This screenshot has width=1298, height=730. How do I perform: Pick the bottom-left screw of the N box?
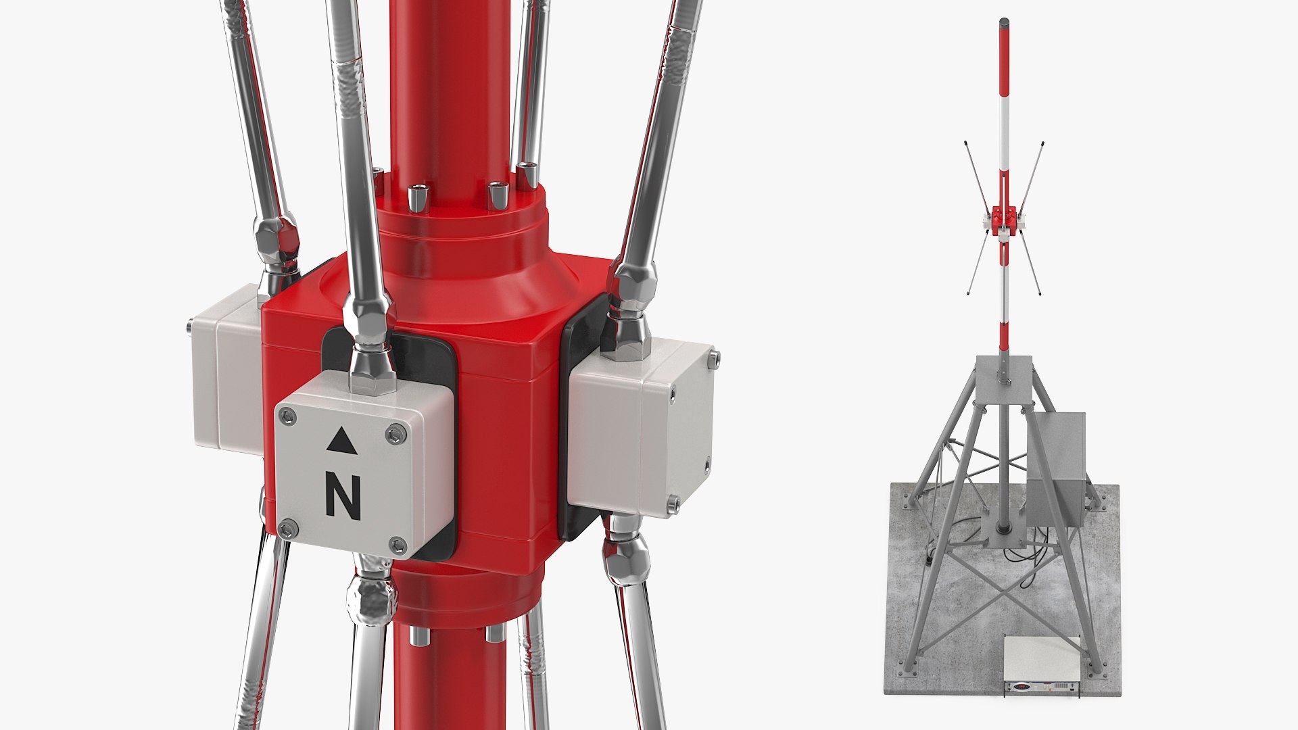tap(288, 529)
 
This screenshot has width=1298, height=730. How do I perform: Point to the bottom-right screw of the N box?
tap(398, 545)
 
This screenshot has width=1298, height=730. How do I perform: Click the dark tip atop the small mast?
tap(1004, 22)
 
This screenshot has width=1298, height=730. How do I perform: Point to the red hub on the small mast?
tap(1004, 220)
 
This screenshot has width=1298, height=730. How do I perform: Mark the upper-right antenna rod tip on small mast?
tap(1042, 144)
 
